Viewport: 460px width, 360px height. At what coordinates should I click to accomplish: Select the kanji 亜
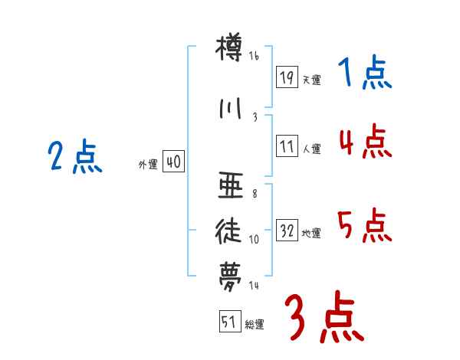point(229,186)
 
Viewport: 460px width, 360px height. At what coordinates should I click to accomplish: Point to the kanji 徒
point(229,231)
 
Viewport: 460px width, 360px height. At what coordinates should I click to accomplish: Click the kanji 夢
point(229,275)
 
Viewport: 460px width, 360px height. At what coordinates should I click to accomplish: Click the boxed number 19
point(287,77)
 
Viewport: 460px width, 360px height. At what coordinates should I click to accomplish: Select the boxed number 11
point(287,146)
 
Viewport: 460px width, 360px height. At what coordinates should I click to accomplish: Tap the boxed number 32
point(287,231)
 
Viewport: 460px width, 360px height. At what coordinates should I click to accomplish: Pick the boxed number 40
point(172,162)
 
